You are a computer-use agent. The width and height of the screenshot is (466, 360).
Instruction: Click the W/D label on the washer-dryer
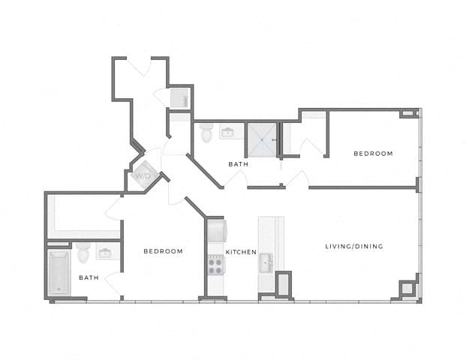[142, 176]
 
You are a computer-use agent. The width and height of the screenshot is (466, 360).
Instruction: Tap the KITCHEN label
[242, 252]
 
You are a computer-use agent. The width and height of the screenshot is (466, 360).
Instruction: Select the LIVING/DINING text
[354, 247]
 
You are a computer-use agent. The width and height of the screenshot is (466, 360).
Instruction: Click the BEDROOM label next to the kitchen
[163, 251]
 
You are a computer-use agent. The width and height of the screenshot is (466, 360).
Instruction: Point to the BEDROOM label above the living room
[373, 154]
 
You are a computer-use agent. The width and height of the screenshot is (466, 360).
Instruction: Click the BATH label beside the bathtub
[89, 277]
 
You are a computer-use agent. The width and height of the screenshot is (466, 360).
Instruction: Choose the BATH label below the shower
[239, 163]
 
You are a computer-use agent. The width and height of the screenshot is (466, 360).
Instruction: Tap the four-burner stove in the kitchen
[215, 263]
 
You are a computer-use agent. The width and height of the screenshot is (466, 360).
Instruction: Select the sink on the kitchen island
[266, 263]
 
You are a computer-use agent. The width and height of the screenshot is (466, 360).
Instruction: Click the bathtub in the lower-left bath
[58, 273]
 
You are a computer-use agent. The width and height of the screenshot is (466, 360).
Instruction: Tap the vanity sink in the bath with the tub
[106, 252]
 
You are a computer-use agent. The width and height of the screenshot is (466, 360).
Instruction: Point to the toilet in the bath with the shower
[206, 131]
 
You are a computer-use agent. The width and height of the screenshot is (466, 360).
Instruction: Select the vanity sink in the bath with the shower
[227, 133]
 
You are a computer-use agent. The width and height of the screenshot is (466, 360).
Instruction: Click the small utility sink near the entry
[179, 98]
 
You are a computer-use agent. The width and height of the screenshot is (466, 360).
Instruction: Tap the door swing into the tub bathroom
[113, 283]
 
